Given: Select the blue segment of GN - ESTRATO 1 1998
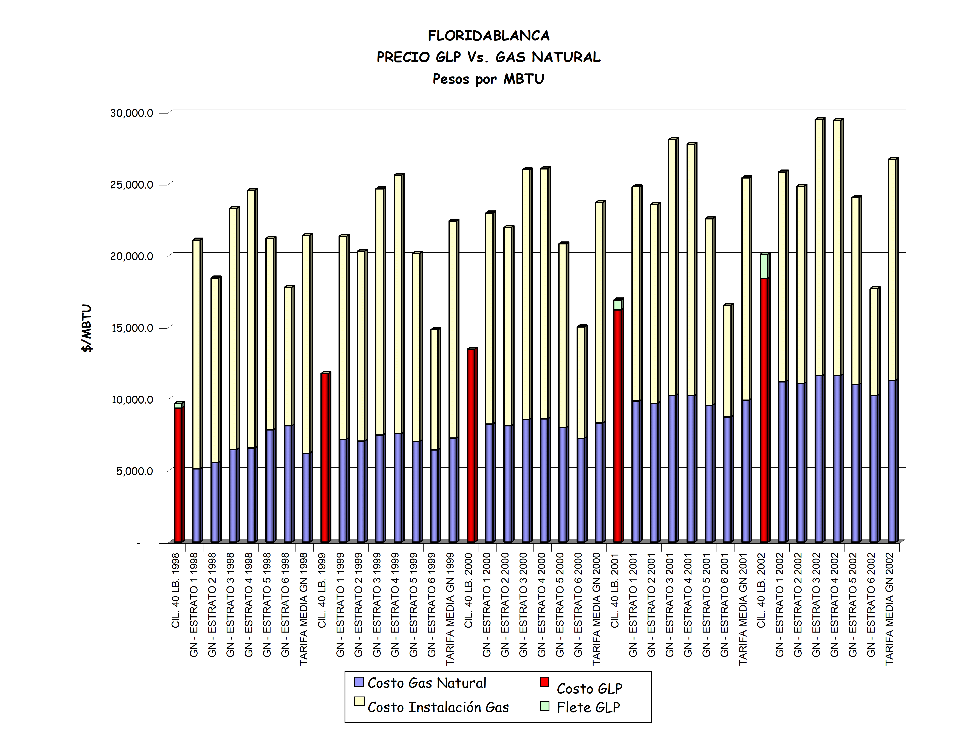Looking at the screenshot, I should (196, 505).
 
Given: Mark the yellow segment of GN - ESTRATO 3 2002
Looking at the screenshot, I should (819, 248).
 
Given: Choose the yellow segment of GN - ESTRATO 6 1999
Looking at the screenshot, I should (435, 390).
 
